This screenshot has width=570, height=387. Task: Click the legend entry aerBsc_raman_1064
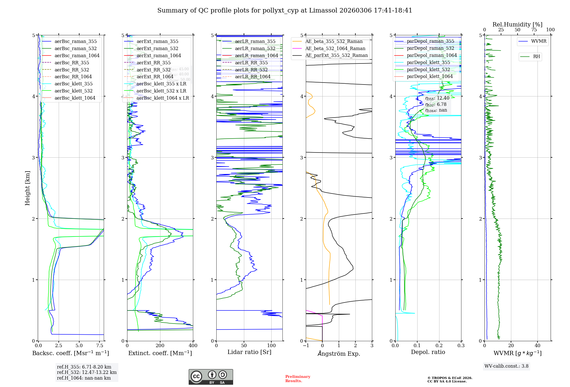[77, 55]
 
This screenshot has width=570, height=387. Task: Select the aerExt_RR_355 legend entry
[153, 63]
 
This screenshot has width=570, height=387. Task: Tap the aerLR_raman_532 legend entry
[255, 48]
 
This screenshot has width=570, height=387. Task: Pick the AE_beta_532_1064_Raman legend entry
[335, 48]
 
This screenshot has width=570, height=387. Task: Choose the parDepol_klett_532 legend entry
[428, 69]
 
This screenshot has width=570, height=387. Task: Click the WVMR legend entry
[539, 41]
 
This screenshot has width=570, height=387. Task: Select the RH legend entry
[536, 57]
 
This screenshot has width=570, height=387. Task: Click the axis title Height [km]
[27, 188]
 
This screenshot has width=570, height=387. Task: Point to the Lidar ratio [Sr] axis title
[249, 352]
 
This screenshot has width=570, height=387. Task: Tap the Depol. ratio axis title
[428, 352]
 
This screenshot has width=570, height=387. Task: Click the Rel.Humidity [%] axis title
[517, 24]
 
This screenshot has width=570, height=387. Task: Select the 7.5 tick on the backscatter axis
[100, 345]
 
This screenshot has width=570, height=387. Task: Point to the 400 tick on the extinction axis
[193, 345]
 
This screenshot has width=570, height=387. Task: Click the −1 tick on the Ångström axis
[306, 345]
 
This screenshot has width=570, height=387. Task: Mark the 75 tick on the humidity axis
[534, 30]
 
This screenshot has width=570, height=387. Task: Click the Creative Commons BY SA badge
[211, 377]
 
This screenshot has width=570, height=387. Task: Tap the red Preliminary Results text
[298, 379]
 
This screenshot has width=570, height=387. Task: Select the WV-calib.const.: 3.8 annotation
[506, 366]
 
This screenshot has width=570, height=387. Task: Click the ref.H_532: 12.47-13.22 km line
[87, 372]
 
